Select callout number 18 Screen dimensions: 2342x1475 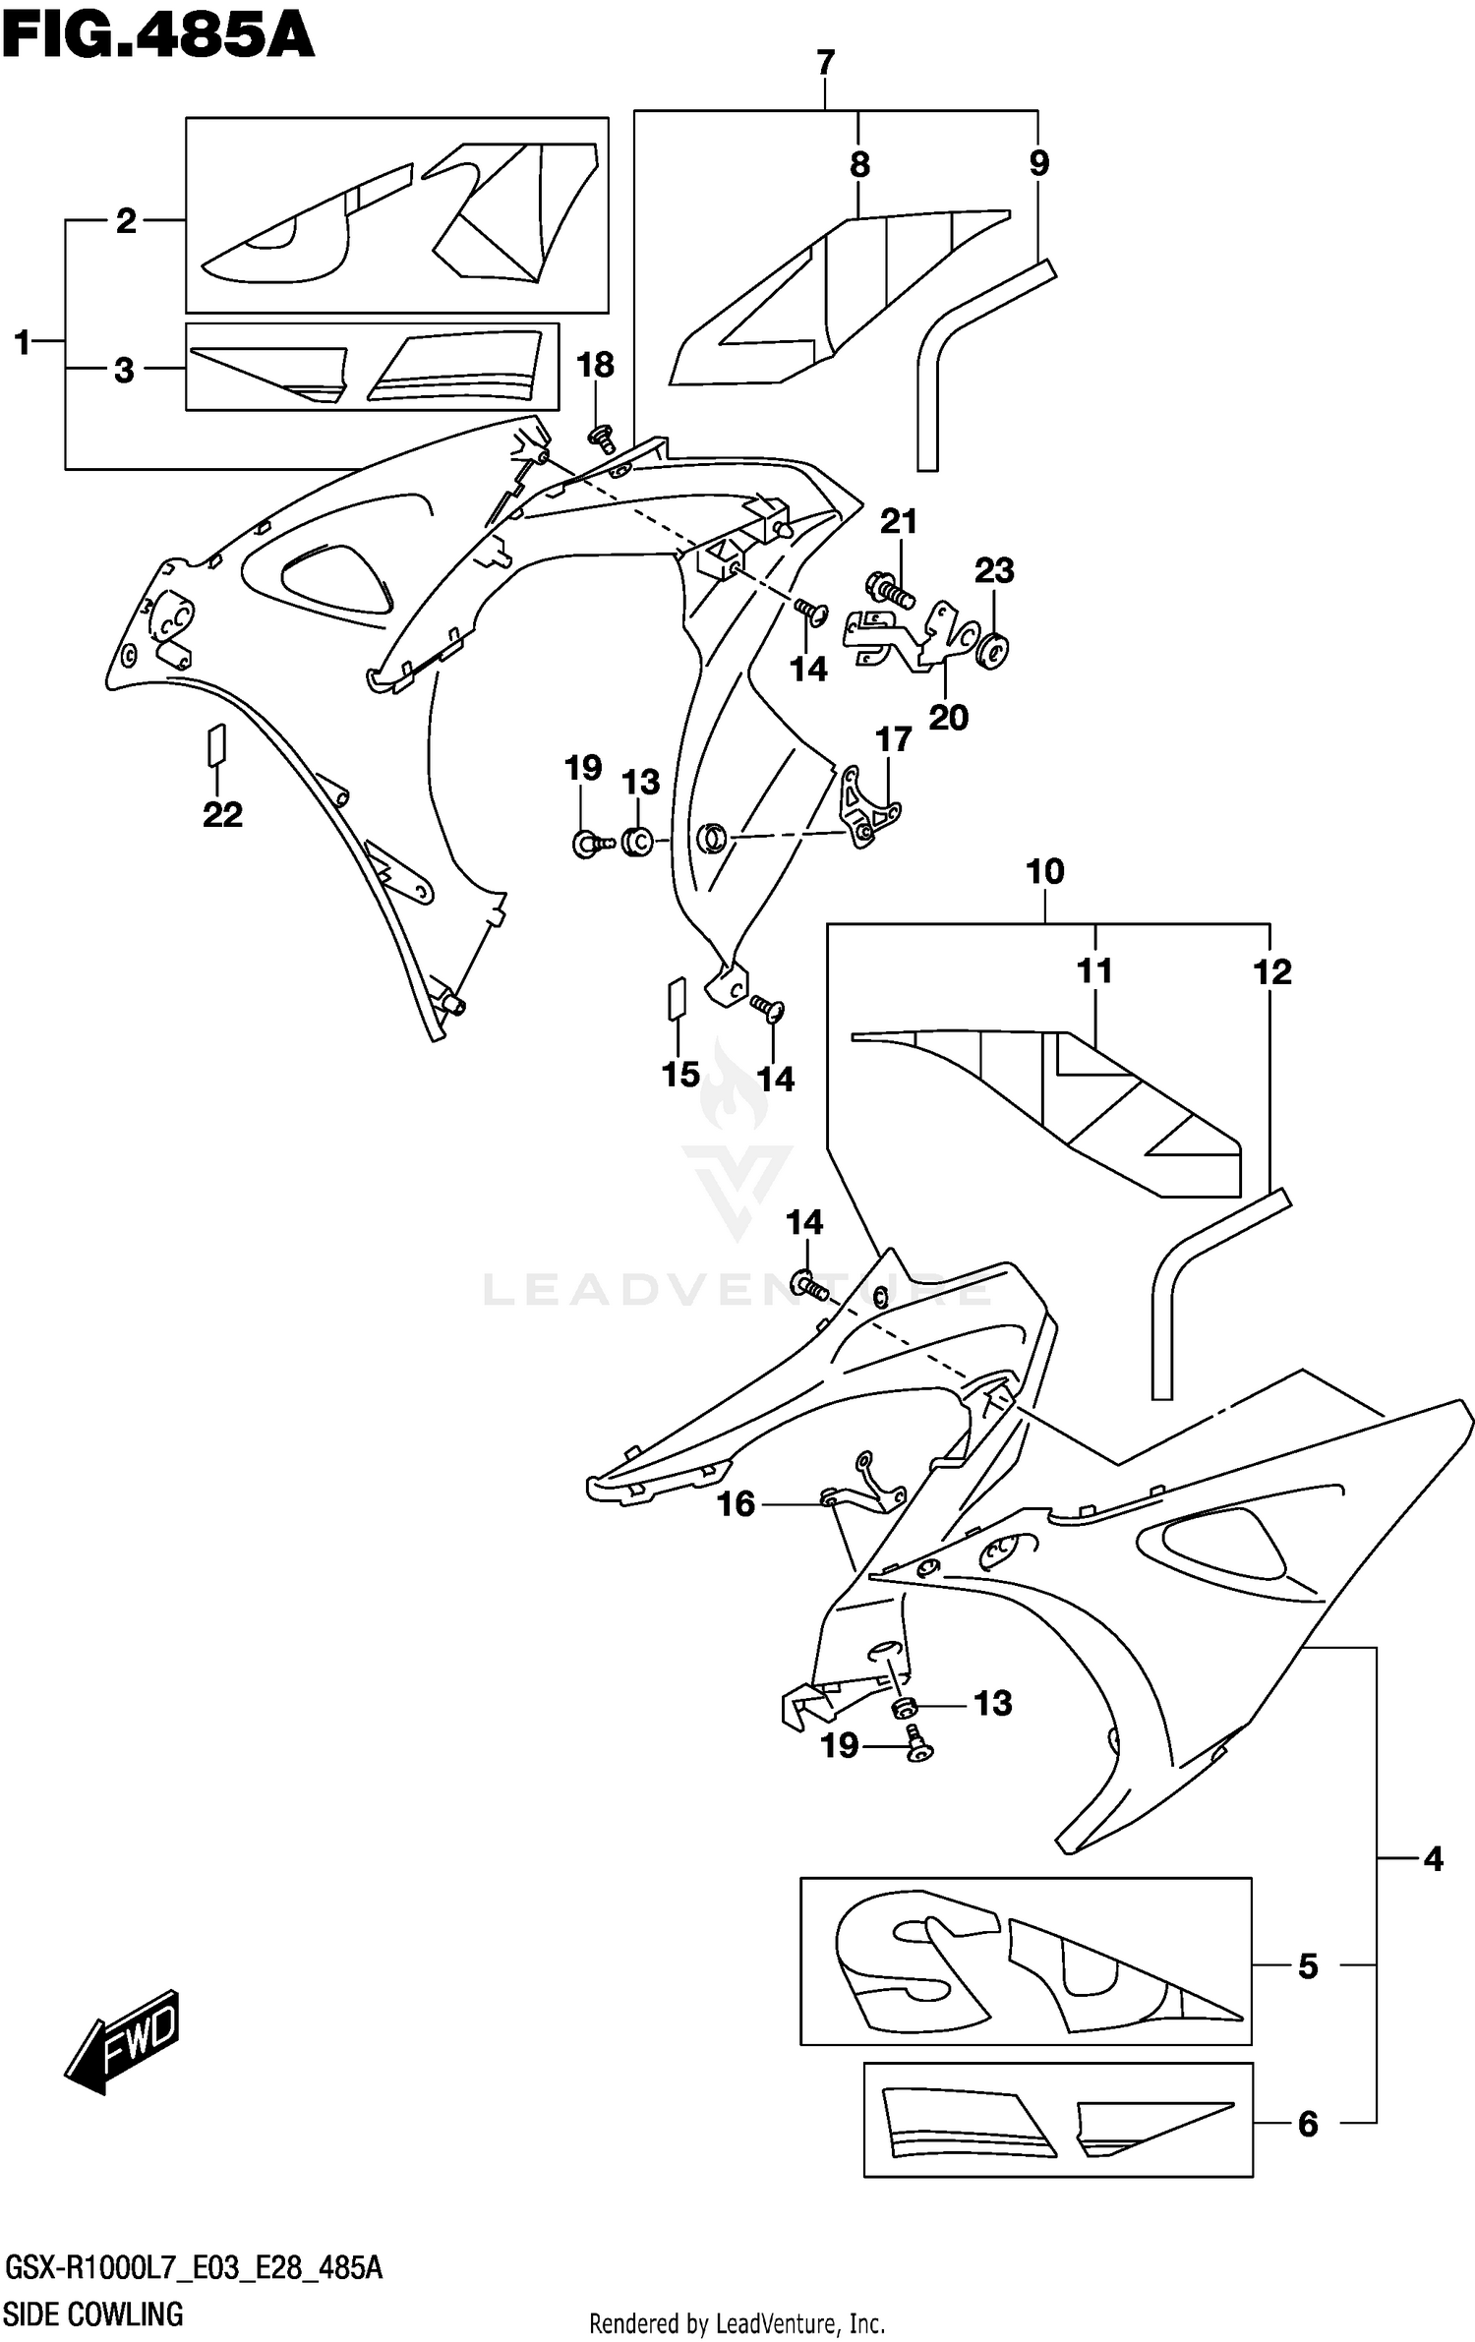click(x=594, y=366)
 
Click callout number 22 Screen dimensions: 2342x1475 click(x=222, y=815)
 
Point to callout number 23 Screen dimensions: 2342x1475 click(x=993, y=570)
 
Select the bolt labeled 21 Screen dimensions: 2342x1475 click(x=889, y=590)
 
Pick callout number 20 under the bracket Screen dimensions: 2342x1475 click(x=948, y=718)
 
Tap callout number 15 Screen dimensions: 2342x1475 click(x=680, y=1075)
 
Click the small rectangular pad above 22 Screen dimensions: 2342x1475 click(x=216, y=744)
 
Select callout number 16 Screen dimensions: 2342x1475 click(x=736, y=1503)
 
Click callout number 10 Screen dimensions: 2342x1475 click(x=1044, y=871)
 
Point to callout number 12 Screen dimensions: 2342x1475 click(x=1271, y=972)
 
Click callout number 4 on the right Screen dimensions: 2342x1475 click(x=1433, y=1859)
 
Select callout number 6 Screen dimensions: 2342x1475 click(x=1307, y=2125)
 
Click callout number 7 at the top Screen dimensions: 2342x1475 click(x=825, y=63)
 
